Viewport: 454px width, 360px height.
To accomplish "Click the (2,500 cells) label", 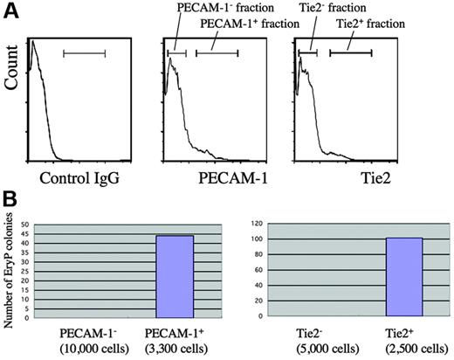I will (403, 346).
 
